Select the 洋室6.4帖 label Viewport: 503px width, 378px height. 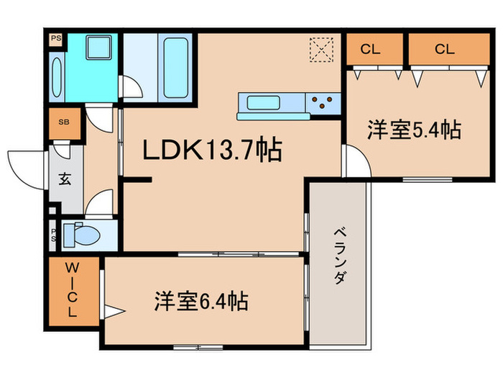[x=201, y=301]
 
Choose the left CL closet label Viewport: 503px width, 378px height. [x=371, y=50]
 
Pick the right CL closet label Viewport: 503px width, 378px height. [x=444, y=50]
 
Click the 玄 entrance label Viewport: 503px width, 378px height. [x=65, y=179]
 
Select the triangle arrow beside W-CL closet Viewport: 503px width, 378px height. [x=114, y=312]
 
